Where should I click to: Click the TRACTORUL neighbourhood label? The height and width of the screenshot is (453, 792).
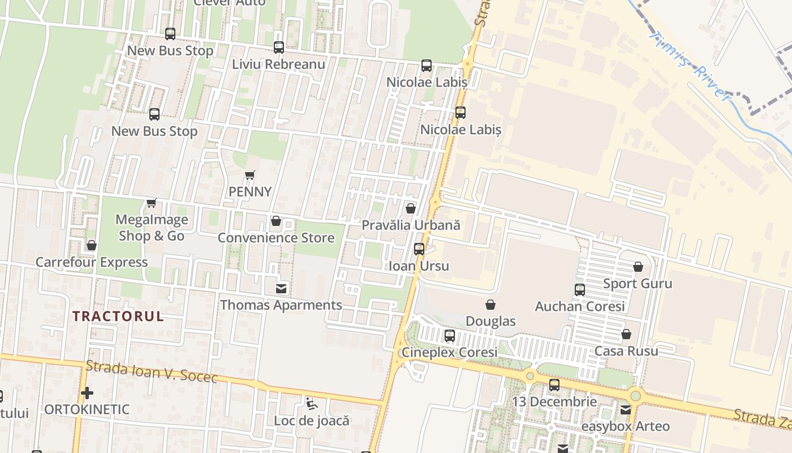pyautogui.click(x=118, y=317)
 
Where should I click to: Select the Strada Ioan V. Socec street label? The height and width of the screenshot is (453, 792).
pyautogui.click(x=152, y=372)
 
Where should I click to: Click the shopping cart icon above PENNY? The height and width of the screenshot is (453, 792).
pyautogui.click(x=250, y=176)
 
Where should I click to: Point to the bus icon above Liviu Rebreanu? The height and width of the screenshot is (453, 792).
pyautogui.click(x=279, y=48)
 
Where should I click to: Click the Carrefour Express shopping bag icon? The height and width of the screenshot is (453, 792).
pyautogui.click(x=92, y=246)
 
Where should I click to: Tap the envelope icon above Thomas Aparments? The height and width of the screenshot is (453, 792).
pyautogui.click(x=281, y=289)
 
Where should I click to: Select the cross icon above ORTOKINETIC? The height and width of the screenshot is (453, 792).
pyautogui.click(x=87, y=392)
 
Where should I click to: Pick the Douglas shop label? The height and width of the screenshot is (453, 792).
pyautogui.click(x=490, y=321)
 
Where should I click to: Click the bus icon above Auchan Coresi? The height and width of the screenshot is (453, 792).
pyautogui.click(x=580, y=290)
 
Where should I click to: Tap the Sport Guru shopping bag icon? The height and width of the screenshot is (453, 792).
pyautogui.click(x=638, y=267)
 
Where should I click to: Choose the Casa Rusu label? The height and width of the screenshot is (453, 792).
pyautogui.click(x=626, y=351)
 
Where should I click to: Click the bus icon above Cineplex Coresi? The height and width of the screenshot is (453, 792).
pyautogui.click(x=450, y=336)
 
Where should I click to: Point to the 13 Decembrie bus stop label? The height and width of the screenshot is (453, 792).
pyautogui.click(x=554, y=402)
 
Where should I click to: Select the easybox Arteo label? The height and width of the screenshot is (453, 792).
pyautogui.click(x=625, y=426)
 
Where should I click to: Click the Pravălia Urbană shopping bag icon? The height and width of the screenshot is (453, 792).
pyautogui.click(x=411, y=208)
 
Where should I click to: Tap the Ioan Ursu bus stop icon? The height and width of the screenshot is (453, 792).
pyautogui.click(x=419, y=249)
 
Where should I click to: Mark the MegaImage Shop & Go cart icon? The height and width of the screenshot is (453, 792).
pyautogui.click(x=152, y=203)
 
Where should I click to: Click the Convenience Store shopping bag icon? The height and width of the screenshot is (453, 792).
pyautogui.click(x=276, y=221)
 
